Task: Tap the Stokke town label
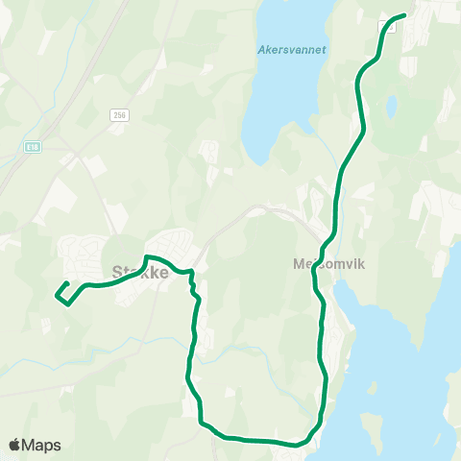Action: tap(140, 272)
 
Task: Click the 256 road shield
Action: tap(119, 114)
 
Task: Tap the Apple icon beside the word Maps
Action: tap(14, 445)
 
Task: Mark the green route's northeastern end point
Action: tap(401, 15)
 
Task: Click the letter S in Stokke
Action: tap(117, 272)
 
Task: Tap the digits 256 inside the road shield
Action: tap(119, 114)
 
